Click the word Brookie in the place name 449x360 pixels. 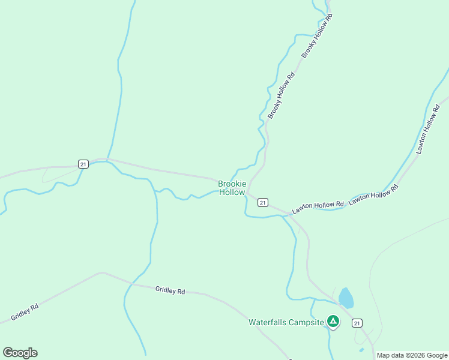[232, 184]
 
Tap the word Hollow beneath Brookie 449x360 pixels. [232, 193]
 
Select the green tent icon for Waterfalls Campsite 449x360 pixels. [333, 322]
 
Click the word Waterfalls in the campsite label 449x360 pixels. [268, 322]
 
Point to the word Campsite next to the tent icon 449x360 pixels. [307, 322]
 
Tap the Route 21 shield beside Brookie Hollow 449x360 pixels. [262, 203]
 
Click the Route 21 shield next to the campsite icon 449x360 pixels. [357, 323]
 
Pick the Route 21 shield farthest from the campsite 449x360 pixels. [83, 164]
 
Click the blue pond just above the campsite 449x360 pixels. [346, 298]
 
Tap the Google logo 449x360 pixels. [20, 353]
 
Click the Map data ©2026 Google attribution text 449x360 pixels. [412, 355]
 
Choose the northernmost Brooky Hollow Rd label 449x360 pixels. [316, 35]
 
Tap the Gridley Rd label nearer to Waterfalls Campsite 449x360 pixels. [170, 290]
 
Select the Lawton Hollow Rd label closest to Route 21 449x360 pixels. [318, 208]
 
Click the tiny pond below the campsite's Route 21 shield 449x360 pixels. [361, 350]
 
